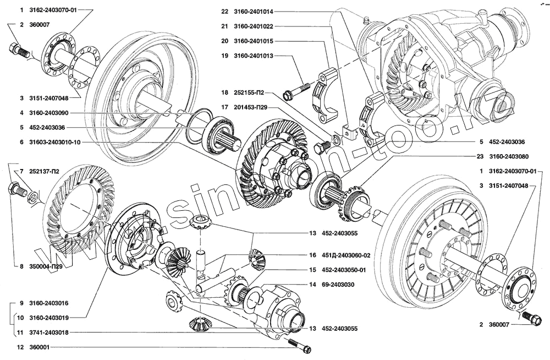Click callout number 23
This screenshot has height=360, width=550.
(x=480, y=156)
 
